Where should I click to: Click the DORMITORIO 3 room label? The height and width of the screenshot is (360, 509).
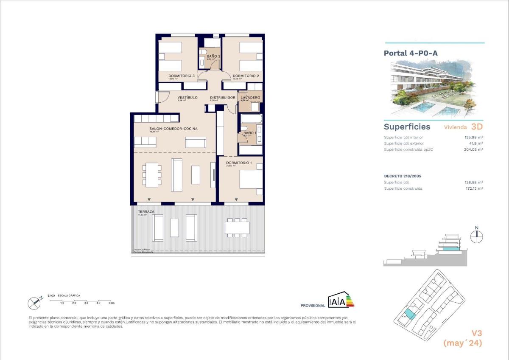181,76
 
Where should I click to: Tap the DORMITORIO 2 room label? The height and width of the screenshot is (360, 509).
246,76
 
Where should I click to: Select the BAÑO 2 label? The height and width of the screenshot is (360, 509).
213,56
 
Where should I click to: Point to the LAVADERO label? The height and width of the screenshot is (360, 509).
250,98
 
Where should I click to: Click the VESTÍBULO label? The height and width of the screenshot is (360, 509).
187,98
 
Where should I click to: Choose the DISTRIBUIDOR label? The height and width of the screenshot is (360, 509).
223,98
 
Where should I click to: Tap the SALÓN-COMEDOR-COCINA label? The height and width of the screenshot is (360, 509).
173,129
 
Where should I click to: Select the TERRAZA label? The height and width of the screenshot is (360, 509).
145,211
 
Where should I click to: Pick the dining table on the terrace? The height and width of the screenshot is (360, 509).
237,228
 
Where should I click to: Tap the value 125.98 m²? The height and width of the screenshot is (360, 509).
474,137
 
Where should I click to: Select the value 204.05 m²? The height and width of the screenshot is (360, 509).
474,149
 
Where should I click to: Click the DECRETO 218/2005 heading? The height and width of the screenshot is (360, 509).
402,176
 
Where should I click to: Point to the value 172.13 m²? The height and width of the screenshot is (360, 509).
474,188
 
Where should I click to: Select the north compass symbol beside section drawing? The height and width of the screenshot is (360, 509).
477,236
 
